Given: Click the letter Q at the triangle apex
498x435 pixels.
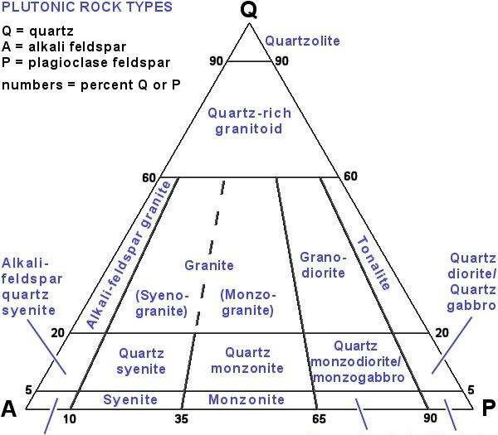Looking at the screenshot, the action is [x=249, y=10].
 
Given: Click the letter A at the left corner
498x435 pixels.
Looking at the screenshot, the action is [x=8, y=408].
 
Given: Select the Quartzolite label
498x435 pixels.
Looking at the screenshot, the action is [x=302, y=41].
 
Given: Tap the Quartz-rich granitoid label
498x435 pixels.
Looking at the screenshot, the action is [x=249, y=121].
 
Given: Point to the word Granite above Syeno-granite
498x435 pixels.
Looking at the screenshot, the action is [x=209, y=265].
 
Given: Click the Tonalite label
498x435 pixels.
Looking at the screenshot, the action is [x=373, y=263].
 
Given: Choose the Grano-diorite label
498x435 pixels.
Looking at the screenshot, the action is [x=323, y=265].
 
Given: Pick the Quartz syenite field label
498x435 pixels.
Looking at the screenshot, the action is [x=141, y=361].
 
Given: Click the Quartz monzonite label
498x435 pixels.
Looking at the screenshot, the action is [x=247, y=360].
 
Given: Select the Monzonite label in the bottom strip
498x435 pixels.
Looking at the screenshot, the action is [x=247, y=399].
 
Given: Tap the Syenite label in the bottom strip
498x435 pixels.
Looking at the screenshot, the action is [x=130, y=399].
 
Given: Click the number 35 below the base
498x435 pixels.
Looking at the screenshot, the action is [x=181, y=419].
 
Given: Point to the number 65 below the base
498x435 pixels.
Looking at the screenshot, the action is [x=319, y=419].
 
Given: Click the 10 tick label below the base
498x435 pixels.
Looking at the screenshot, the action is [x=69, y=419].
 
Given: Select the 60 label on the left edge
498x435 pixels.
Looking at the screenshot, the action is [x=149, y=178].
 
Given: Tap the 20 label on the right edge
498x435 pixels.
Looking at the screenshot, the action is [x=442, y=332].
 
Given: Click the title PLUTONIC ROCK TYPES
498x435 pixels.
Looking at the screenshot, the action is [x=86, y=7].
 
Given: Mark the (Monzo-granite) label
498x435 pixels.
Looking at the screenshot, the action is [x=247, y=302].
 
